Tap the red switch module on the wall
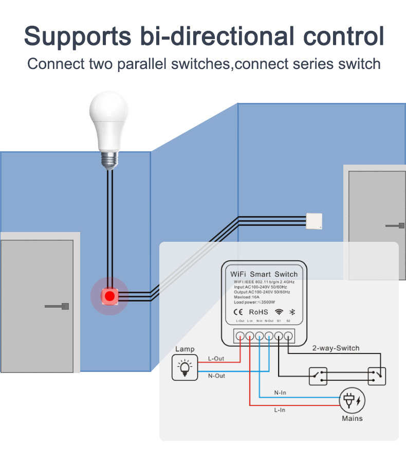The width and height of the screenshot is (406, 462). click(109, 296)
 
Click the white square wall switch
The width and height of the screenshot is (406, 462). click(315, 221)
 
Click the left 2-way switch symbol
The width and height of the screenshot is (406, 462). click(318, 376)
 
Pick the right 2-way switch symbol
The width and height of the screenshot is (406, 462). click(377, 376)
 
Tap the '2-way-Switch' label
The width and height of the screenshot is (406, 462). click(336, 348)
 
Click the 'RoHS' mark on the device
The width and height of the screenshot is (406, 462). click(258, 312)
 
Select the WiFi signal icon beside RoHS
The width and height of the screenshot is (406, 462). click(279, 312)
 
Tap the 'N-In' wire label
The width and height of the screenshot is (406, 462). click(280, 393)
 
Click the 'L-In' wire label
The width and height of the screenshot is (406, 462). click(280, 410)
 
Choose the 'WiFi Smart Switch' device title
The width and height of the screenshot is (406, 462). click(264, 274)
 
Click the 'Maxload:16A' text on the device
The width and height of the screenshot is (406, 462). click(247, 297)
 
